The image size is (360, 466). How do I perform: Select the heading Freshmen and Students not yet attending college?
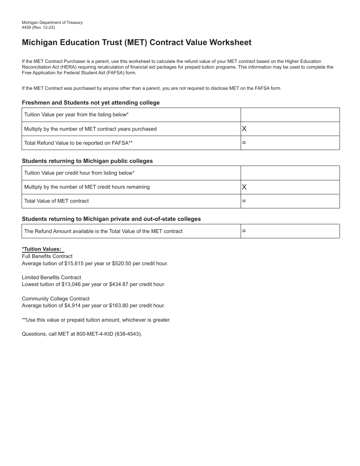pos(91,103)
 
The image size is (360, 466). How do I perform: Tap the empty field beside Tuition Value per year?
pos(290,115)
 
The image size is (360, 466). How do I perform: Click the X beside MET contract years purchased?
pos(244,129)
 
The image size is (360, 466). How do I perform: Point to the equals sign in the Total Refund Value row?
pos(244,143)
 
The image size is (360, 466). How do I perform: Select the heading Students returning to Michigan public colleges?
pos(87,161)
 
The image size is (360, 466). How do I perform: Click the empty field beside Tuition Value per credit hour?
pos(290,173)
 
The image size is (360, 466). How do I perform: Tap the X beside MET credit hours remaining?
pos(244,187)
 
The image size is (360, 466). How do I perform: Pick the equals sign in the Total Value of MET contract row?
pos(244,201)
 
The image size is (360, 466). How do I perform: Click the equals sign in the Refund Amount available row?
pos(244,231)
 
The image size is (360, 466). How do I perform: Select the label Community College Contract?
pos(56,299)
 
